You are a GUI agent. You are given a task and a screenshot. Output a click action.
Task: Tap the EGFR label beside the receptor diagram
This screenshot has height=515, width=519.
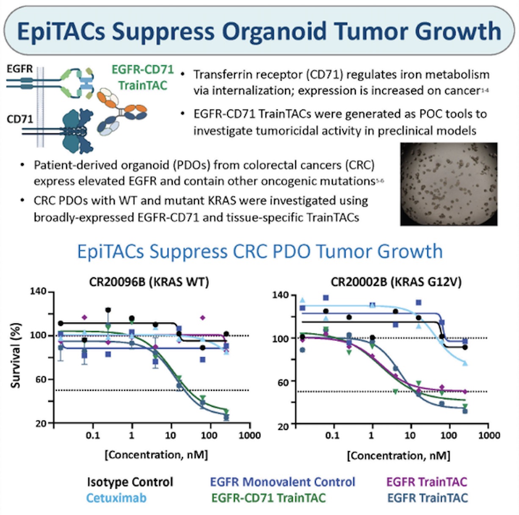[x=19, y=69]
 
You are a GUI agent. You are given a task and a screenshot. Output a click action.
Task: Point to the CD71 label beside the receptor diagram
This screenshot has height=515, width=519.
[x=19, y=119]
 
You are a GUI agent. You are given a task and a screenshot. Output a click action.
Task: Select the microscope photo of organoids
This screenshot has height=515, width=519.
[x=448, y=183]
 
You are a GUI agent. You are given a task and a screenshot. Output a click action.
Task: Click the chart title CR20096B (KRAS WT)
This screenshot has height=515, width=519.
[x=149, y=282]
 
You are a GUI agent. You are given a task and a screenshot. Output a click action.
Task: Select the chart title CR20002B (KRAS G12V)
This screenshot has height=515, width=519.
[x=396, y=282]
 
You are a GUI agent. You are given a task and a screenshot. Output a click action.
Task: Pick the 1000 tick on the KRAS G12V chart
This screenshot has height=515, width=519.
[x=489, y=435]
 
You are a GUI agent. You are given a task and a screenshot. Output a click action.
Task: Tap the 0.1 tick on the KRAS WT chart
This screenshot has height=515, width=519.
[x=93, y=435]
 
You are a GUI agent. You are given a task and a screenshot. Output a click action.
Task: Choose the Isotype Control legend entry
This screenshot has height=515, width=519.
[x=130, y=482]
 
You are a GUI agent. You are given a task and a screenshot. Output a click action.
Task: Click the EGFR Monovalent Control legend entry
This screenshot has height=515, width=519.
[x=282, y=482]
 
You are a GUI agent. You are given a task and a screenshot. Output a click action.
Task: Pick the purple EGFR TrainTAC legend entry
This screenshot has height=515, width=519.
[x=426, y=482]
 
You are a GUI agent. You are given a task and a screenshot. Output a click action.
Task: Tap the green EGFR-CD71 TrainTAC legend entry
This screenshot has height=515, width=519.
[x=268, y=498]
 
